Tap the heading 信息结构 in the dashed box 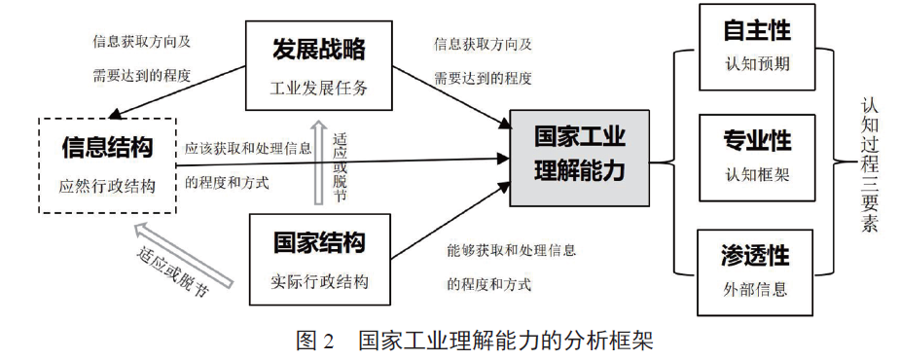pyautogui.click(x=107, y=147)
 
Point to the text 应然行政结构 pyautogui.click(x=107, y=186)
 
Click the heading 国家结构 pyautogui.click(x=319, y=241)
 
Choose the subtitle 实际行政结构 pyautogui.click(x=319, y=282)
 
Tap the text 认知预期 pyautogui.click(x=756, y=66)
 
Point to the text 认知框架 pyautogui.click(x=756, y=176)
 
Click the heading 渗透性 pyautogui.click(x=756, y=254)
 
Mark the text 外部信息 pyautogui.click(x=756, y=289)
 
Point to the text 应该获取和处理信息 pyautogui.click(x=248, y=149)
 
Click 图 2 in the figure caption pyautogui.click(x=315, y=342)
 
